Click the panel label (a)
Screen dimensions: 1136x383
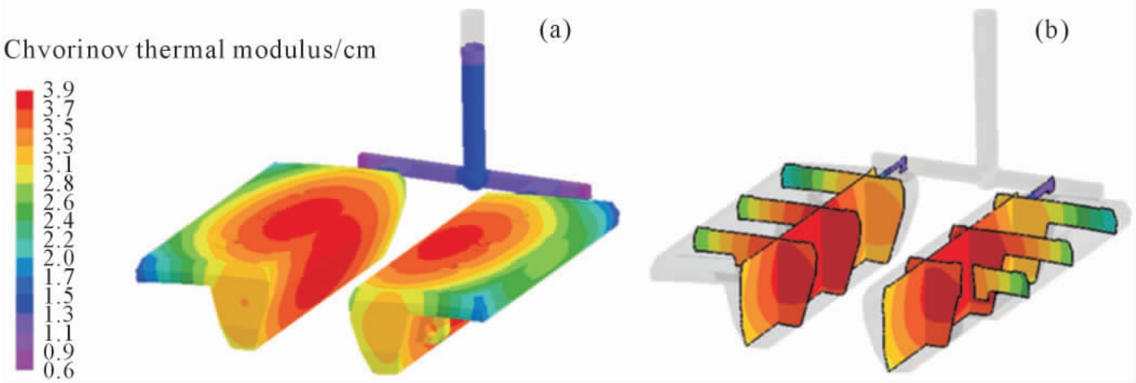coord(555,31)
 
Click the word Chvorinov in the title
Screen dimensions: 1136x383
coord(66,50)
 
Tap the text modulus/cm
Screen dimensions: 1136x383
coord(308,50)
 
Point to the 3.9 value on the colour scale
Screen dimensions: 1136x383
coord(58,90)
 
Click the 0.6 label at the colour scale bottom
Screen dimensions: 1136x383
coord(58,371)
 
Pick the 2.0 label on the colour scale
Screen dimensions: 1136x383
coord(58,259)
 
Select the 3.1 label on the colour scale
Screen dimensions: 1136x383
coord(58,165)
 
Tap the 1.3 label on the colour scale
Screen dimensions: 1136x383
coord(58,314)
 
